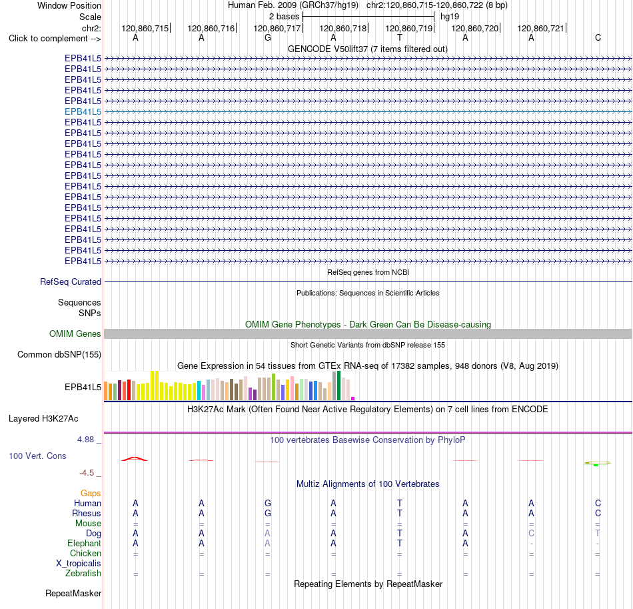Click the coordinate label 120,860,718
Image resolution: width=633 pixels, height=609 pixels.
(342, 28)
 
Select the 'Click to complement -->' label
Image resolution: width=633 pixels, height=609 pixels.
(55, 39)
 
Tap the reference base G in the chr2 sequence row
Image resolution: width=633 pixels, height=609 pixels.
(268, 38)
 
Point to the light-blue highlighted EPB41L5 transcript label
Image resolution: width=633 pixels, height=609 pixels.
(83, 111)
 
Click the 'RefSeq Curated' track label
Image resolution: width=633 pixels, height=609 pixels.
(71, 281)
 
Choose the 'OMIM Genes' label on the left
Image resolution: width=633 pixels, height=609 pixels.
(75, 334)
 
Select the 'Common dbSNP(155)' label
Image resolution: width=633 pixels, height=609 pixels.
(59, 354)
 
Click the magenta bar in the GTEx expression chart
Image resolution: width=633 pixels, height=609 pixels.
(353, 398)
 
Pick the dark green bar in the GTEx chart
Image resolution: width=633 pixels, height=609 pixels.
(339, 386)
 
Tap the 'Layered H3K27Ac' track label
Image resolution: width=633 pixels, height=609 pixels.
(43, 419)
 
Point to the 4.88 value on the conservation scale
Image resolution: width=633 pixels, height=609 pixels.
(85, 440)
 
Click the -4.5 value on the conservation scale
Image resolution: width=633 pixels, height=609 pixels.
(87, 473)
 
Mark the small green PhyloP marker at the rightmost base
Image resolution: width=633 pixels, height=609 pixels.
(596, 465)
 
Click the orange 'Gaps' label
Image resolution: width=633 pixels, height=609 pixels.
(91, 493)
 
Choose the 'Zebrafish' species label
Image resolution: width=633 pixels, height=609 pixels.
(83, 574)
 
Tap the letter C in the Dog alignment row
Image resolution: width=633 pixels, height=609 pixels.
(531, 534)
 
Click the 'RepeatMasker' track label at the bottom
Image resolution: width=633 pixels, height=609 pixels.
(73, 593)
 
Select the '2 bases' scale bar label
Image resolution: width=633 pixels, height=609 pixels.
(285, 17)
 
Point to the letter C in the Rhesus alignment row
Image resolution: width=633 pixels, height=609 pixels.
(598, 513)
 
